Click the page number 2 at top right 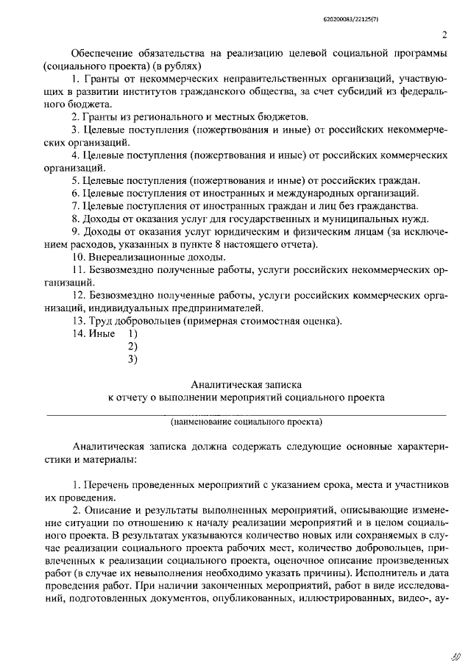445,35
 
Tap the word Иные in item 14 102,333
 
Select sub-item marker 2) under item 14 133,346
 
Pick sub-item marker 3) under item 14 133,359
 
